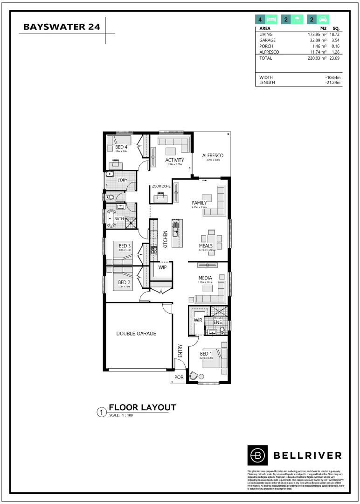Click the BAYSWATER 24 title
coord(61,27)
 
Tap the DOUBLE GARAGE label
coord(136,334)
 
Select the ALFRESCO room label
coord(213,155)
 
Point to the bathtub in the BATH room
coord(111,218)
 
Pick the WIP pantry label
coord(162,268)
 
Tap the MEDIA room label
coord(205,278)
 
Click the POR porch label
coord(178,377)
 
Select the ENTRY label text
coord(180,351)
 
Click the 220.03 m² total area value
coord(316,58)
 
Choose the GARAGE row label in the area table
coord(267,40)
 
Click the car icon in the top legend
coord(321,20)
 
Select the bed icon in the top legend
coord(271,20)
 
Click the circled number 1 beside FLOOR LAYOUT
coord(100,412)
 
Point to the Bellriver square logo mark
coord(257,455)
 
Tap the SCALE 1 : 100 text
coord(121,415)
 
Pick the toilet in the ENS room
coord(222,330)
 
